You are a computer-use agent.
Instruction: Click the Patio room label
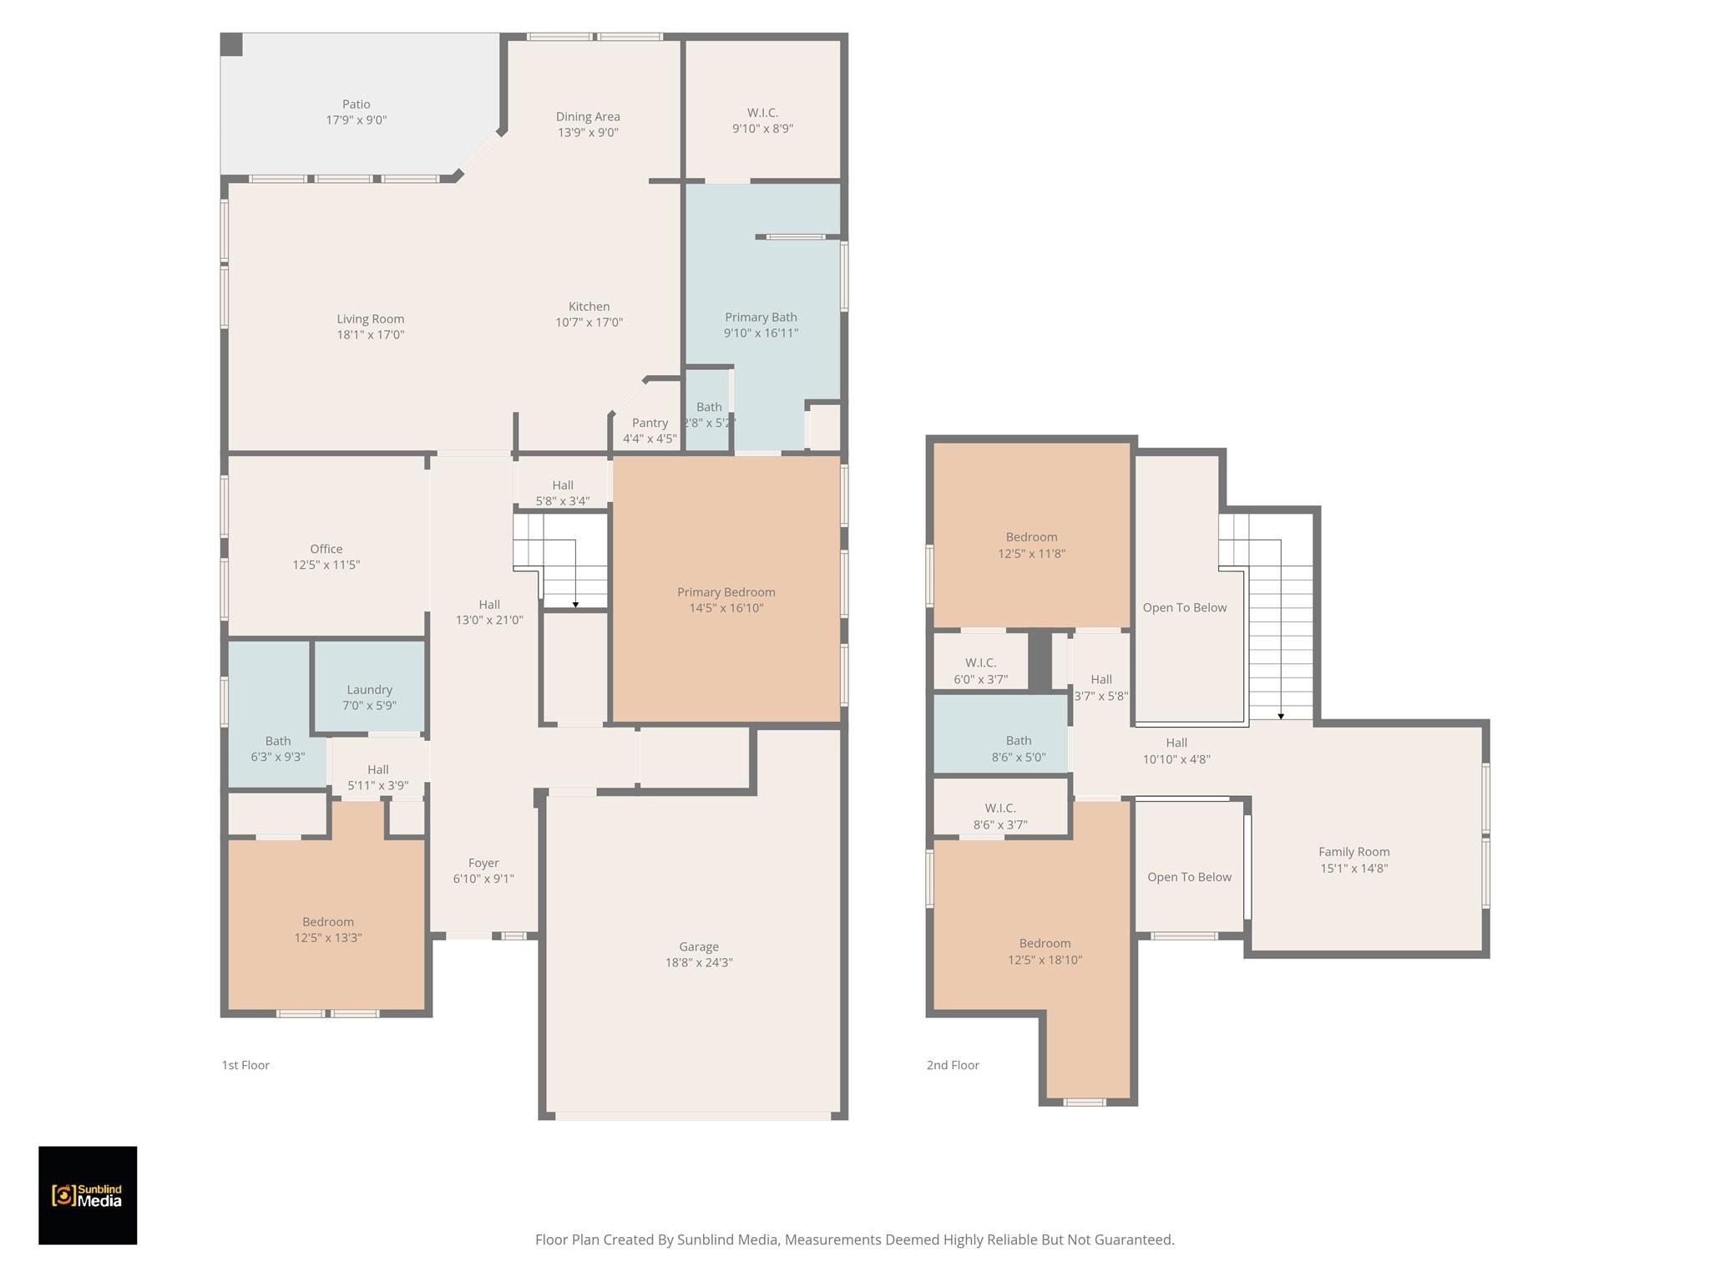point(356,104)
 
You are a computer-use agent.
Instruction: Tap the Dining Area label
point(588,117)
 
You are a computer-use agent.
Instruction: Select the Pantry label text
point(650,423)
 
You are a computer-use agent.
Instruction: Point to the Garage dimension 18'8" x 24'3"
point(699,962)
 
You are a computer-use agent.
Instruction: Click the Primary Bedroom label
point(726,592)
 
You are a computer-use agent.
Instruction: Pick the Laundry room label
point(369,690)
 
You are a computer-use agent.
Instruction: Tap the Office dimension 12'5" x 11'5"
point(326,565)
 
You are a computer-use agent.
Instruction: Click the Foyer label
point(483,863)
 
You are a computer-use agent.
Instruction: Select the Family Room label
point(1353,852)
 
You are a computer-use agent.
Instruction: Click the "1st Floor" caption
point(245,1065)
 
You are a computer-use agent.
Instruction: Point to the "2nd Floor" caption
point(953,1065)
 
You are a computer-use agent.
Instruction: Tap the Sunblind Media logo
point(88,1195)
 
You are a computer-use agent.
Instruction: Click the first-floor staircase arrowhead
point(575,604)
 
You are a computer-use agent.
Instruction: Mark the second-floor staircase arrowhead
point(1281,717)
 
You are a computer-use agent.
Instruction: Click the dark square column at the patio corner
point(231,45)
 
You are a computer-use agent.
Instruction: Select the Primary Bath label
point(761,317)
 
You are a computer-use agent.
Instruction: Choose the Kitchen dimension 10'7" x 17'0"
point(589,322)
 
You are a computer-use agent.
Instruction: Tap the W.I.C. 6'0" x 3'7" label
point(980,671)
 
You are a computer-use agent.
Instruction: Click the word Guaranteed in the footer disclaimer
point(1133,1240)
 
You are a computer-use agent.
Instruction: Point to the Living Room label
point(370,319)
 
